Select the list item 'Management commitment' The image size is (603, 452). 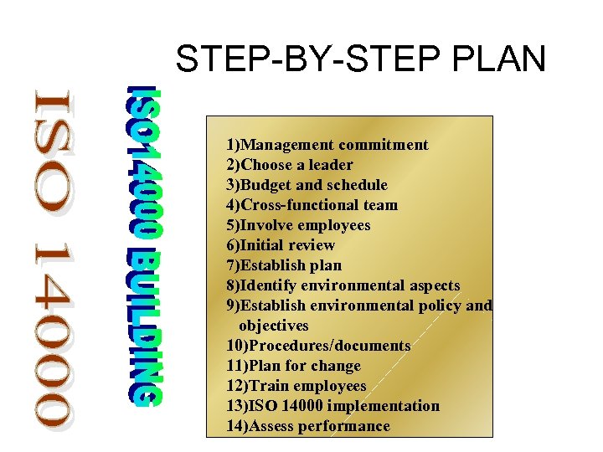point(327,145)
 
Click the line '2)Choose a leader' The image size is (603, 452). point(289,165)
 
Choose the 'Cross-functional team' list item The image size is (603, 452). point(312,205)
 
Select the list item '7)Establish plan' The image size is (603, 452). point(284,265)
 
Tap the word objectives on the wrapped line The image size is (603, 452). point(274,326)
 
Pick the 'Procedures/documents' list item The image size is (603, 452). point(318,346)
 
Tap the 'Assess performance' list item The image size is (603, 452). point(307,426)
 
